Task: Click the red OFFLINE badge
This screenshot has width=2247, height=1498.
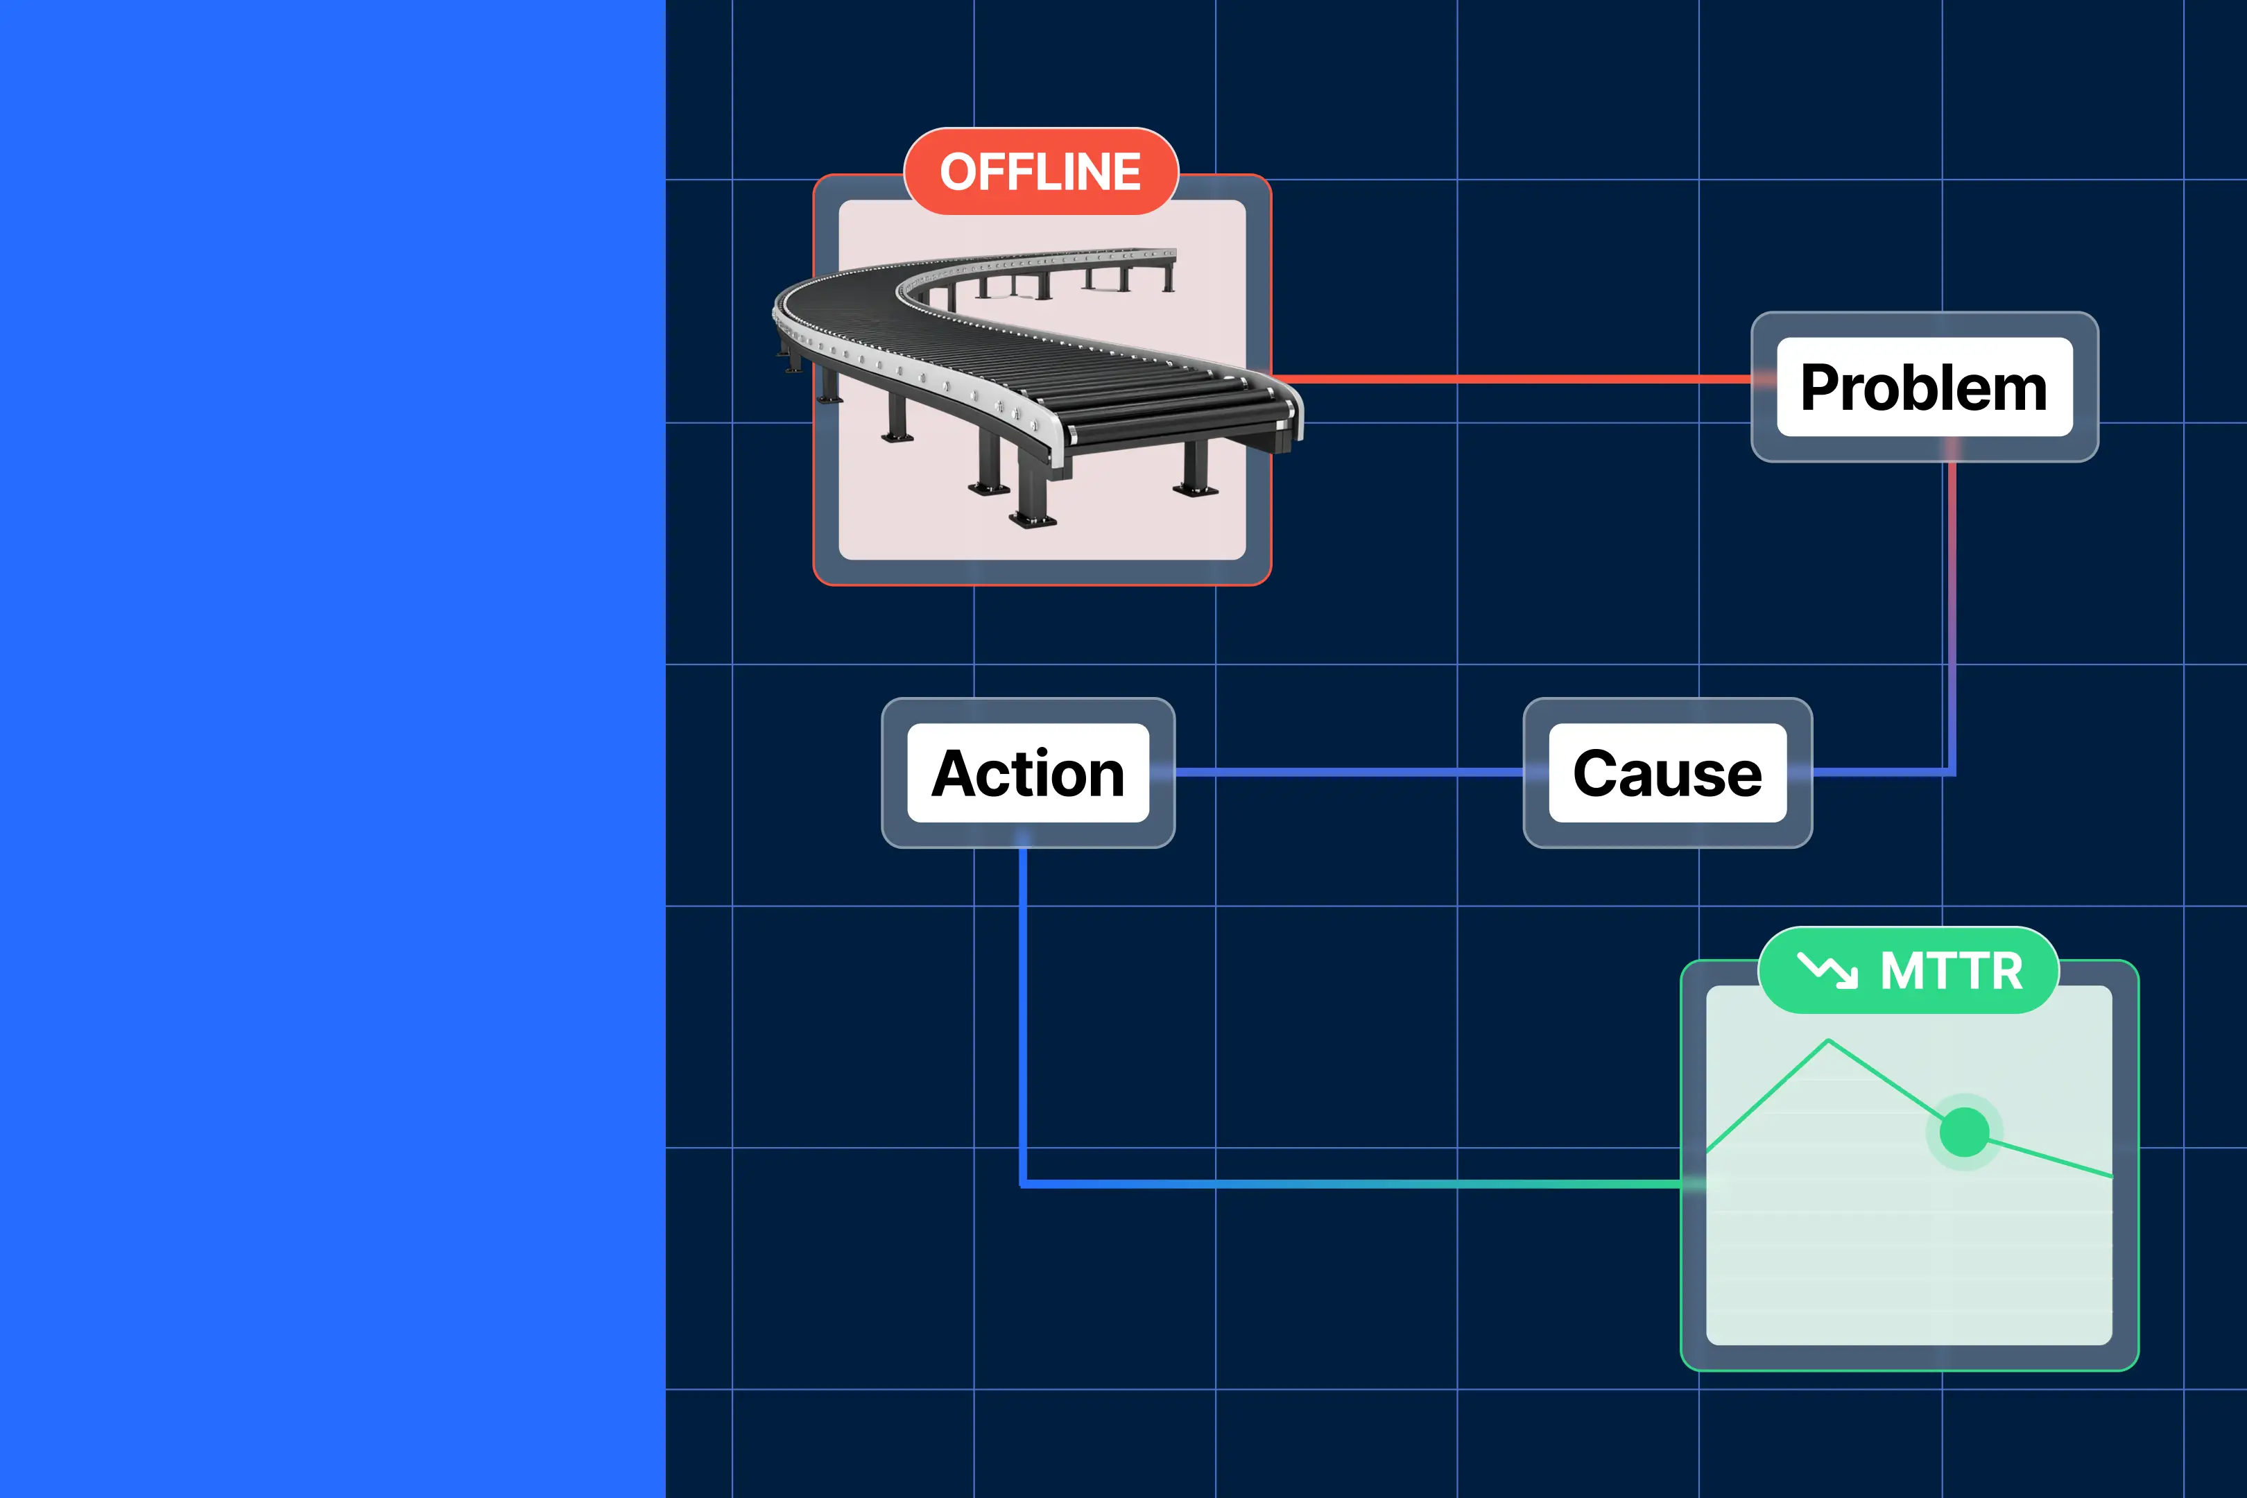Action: [x=1040, y=172]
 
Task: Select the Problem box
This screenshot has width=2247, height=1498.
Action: [x=1924, y=387]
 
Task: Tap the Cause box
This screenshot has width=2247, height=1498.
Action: [x=1667, y=773]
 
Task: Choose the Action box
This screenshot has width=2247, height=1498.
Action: [x=1028, y=773]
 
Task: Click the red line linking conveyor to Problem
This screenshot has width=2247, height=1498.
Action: [x=1519, y=379]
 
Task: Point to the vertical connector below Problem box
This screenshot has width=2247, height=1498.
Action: [x=1952, y=612]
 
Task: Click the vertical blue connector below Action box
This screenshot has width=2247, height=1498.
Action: [x=1023, y=1013]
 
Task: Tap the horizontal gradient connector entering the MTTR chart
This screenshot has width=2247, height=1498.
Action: [x=1357, y=1185]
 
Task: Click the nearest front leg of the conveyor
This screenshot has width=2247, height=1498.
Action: [x=1033, y=497]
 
